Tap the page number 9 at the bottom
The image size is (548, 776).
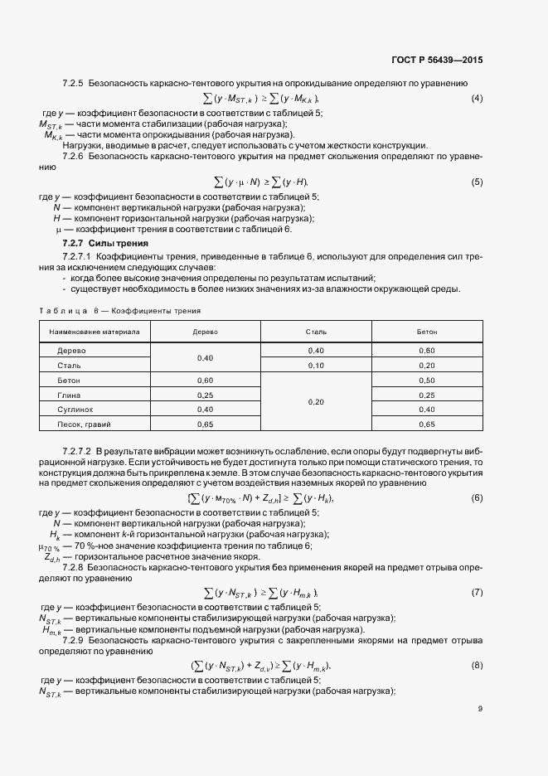(x=480, y=709)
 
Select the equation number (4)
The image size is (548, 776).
(x=477, y=99)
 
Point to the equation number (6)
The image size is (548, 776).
(x=477, y=497)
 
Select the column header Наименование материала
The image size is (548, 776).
(x=95, y=332)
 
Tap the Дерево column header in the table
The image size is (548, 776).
(x=204, y=332)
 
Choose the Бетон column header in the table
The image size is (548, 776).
(x=427, y=332)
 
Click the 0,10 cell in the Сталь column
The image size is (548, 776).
(x=316, y=365)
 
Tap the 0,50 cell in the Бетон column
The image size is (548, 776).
(x=427, y=380)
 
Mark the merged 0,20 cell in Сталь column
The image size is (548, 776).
(x=316, y=402)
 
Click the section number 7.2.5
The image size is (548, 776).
(x=74, y=84)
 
